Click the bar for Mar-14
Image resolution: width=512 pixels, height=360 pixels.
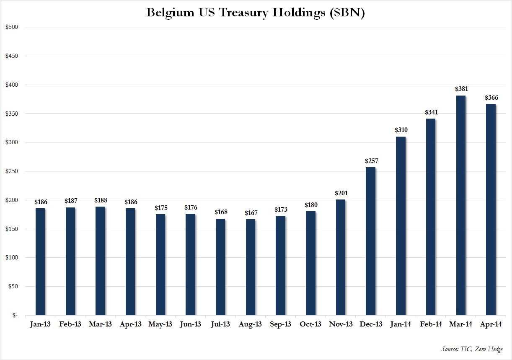pyautogui.click(x=460, y=205)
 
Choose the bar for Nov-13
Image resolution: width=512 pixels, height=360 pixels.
pyautogui.click(x=341, y=257)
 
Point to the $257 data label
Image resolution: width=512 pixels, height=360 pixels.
pyautogui.click(x=370, y=161)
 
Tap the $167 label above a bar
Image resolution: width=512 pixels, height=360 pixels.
pyautogui.click(x=251, y=213)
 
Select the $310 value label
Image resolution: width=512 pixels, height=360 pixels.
pyautogui.click(x=401, y=130)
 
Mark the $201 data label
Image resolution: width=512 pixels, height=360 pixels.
pyautogui.click(x=341, y=193)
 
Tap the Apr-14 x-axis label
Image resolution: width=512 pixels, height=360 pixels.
pyautogui.click(x=490, y=325)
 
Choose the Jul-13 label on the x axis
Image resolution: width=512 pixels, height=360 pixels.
pyautogui.click(x=220, y=325)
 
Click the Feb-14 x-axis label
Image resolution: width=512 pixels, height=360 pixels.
pyautogui.click(x=430, y=325)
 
